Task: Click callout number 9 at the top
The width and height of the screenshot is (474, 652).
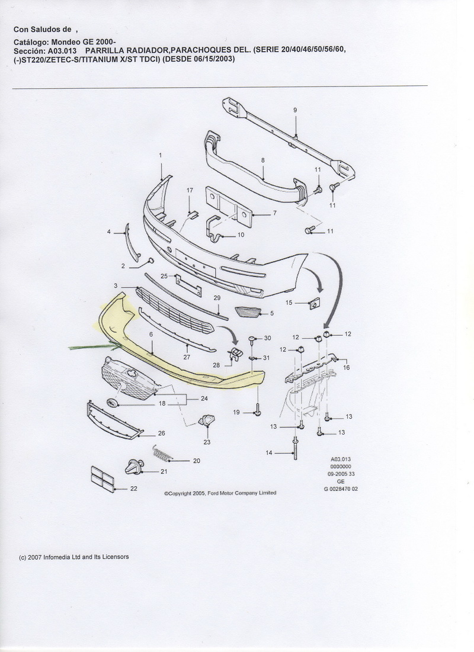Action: click(294, 110)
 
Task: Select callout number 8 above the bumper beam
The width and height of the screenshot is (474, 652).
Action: click(262, 160)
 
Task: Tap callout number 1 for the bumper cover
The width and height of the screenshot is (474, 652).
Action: click(160, 155)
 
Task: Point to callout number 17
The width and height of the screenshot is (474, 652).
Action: click(190, 190)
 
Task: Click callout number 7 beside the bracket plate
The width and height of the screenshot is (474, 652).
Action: click(275, 213)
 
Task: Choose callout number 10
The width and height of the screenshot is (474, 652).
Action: click(241, 235)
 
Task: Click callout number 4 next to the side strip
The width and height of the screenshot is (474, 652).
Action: click(109, 232)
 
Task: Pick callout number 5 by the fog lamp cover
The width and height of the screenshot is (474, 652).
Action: click(271, 313)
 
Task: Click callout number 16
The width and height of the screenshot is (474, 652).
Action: click(347, 367)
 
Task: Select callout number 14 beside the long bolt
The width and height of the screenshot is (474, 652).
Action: click(268, 453)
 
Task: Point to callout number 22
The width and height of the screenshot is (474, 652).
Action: click(133, 489)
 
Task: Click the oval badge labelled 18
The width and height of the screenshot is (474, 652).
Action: click(112, 403)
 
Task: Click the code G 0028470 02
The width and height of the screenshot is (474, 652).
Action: click(341, 489)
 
